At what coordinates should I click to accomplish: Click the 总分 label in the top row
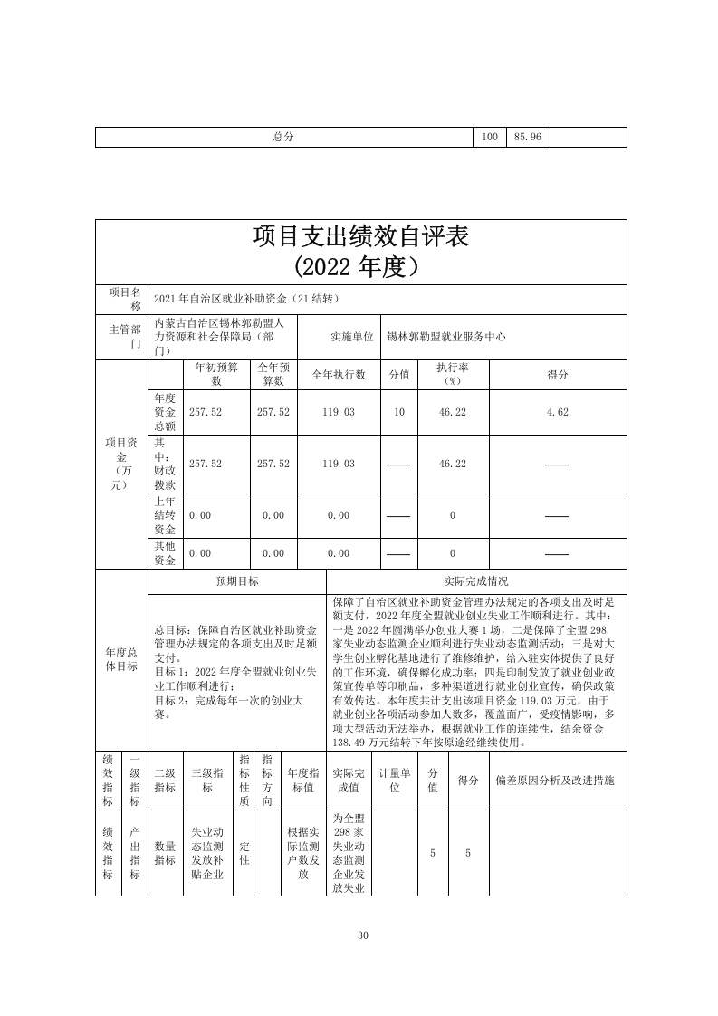(x=284, y=137)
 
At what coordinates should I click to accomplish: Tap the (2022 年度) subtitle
(x=360, y=267)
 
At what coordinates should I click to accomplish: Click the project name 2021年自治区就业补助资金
(x=246, y=299)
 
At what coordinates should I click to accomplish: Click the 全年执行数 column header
(x=339, y=375)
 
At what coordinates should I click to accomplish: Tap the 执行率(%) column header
(x=452, y=375)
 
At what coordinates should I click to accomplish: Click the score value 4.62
(x=557, y=412)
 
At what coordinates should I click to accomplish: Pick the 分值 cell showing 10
(x=399, y=412)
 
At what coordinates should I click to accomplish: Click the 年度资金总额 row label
(x=166, y=412)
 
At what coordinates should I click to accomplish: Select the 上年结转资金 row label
(x=166, y=515)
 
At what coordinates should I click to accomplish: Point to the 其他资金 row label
(x=166, y=553)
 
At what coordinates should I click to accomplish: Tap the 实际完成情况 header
(x=475, y=581)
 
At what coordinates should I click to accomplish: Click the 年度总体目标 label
(x=121, y=659)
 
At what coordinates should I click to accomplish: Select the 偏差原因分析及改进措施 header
(x=556, y=780)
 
